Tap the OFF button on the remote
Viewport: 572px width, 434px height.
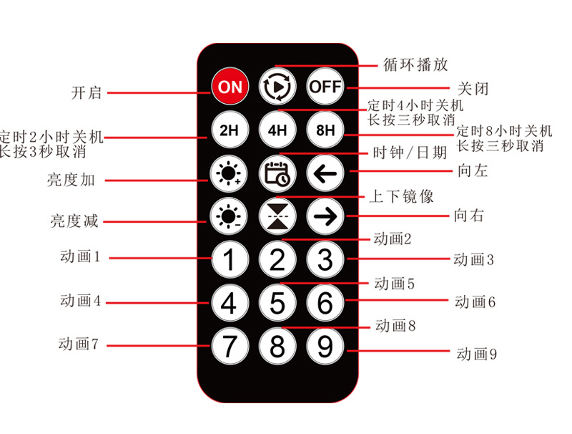tap(325, 87)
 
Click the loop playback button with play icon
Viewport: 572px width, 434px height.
tap(277, 87)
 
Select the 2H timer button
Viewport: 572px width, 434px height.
tap(229, 131)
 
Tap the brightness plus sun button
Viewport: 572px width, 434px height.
tap(229, 174)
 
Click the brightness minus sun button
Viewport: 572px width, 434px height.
tap(229, 216)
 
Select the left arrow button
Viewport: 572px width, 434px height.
tap(325, 174)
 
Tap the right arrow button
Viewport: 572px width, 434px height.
tap(325, 218)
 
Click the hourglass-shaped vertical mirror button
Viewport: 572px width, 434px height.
tap(277, 217)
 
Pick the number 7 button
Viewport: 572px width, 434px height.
tap(229, 347)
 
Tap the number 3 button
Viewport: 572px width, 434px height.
tap(325, 259)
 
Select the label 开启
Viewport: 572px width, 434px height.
tap(87, 92)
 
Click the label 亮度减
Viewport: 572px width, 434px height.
tap(74, 221)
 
